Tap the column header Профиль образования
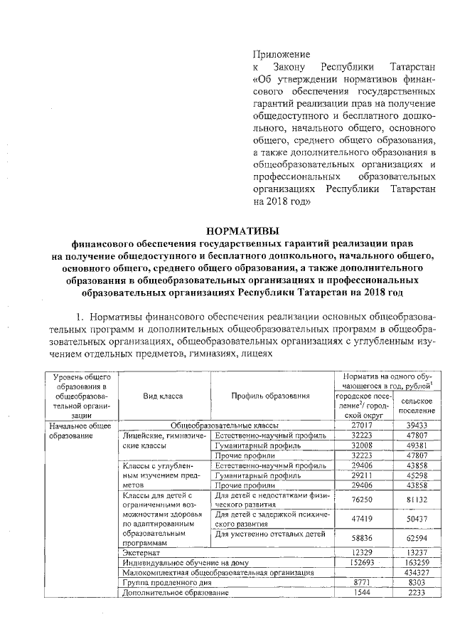(x=271, y=395)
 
